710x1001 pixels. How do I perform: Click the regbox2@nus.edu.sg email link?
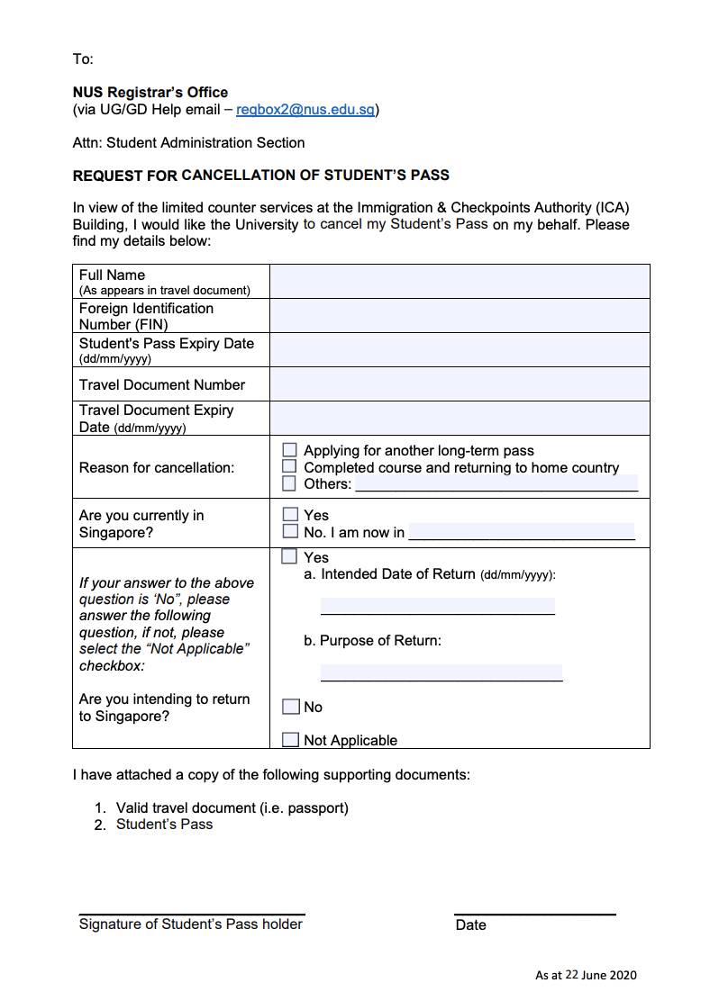(x=305, y=110)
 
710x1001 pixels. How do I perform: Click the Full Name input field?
(x=460, y=281)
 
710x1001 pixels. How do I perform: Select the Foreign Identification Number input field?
(x=460, y=316)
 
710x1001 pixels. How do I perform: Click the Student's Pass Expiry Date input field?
(x=460, y=350)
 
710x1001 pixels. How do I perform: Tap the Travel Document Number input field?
(x=460, y=384)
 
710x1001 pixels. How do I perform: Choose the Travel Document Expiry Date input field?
(x=460, y=419)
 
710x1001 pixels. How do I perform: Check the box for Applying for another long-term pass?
(x=289, y=450)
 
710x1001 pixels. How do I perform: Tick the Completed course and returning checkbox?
(x=289, y=466)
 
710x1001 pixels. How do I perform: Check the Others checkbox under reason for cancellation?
(x=289, y=483)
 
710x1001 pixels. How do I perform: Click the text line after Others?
(x=496, y=483)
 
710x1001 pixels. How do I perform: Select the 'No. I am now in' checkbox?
(x=290, y=531)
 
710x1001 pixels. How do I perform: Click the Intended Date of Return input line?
(x=438, y=606)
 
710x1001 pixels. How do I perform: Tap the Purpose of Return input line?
(x=441, y=672)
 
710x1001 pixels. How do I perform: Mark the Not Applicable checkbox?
(x=290, y=740)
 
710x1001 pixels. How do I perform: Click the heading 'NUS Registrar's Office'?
(x=150, y=92)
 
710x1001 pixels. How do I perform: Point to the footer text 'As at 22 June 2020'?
(x=586, y=975)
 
